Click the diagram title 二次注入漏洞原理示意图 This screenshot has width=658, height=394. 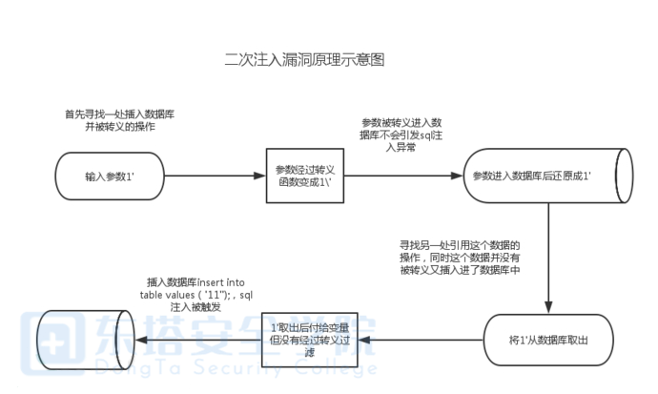[304, 59]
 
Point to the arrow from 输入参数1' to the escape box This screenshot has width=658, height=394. [211, 176]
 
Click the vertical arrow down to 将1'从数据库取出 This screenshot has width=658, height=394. [547, 258]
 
